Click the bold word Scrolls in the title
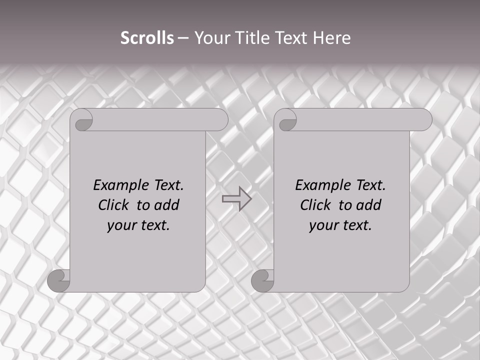[147, 38]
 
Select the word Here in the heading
[332, 38]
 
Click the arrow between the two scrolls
[236, 199]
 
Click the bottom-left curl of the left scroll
[59, 280]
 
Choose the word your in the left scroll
[122, 225]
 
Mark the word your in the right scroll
[324, 225]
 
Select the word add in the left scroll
[166, 205]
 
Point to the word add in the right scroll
[368, 205]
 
